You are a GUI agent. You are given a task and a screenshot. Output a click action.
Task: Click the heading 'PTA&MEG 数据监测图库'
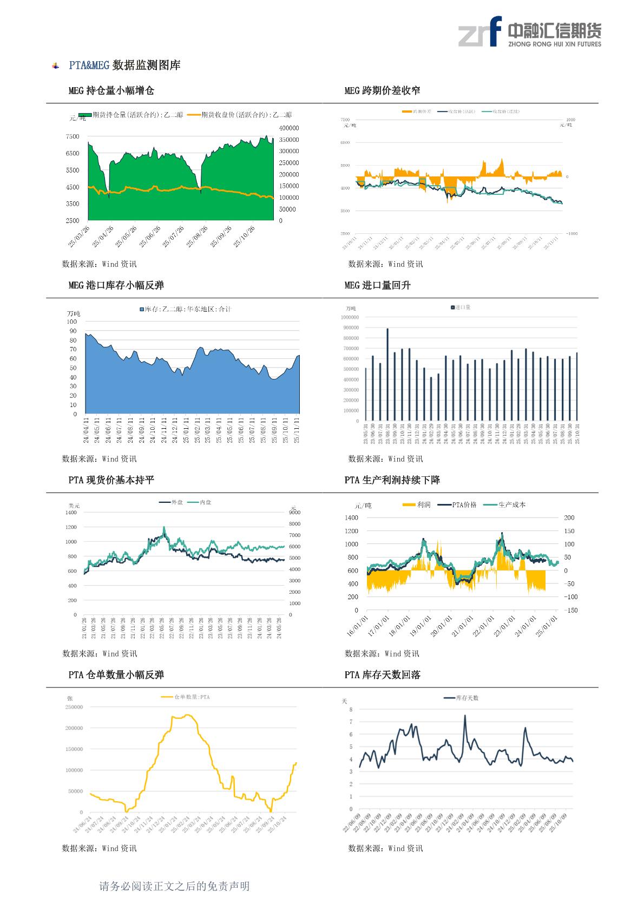point(124,65)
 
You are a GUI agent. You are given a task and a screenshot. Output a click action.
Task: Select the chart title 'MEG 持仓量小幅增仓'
point(111,90)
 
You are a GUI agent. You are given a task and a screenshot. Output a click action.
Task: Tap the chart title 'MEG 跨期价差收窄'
point(382,90)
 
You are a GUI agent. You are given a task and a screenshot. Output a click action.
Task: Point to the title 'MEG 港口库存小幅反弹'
point(116,285)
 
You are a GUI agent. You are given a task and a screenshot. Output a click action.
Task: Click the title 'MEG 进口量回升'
point(377,285)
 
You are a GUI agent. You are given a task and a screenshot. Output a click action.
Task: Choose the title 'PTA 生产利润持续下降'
point(392,480)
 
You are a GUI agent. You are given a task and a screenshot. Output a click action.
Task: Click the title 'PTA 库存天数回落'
point(382,675)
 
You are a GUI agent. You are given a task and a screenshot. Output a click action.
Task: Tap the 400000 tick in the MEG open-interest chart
point(289,128)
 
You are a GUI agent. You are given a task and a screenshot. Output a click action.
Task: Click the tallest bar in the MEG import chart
point(387,373)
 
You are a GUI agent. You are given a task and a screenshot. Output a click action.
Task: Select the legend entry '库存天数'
point(462,698)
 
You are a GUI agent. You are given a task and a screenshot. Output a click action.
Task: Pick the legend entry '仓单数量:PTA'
point(186,697)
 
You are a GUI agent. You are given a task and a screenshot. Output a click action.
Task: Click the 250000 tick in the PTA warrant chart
point(74,707)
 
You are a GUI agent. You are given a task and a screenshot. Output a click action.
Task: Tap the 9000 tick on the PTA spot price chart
point(294,512)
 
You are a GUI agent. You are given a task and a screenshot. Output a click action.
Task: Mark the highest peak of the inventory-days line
point(465,716)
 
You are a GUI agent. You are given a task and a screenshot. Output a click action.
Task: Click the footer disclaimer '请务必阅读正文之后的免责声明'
point(174,886)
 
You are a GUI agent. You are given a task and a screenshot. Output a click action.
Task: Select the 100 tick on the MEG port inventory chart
point(72,322)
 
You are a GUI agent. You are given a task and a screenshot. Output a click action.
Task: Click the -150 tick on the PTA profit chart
point(570,611)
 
